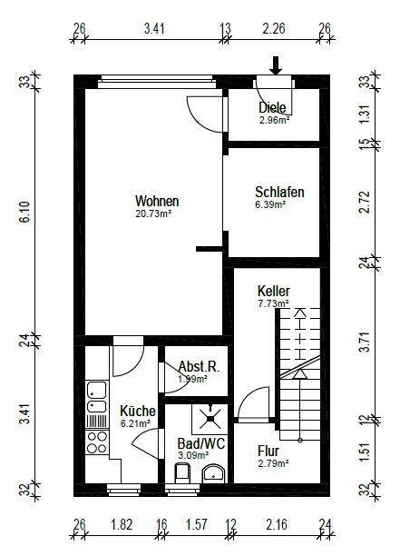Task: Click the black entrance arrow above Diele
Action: (x=276, y=65)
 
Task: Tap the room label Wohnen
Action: (x=157, y=201)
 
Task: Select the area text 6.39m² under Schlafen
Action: (x=270, y=204)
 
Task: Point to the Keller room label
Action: (x=274, y=291)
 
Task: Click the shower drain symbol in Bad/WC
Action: (x=210, y=419)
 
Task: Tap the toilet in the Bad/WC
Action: (x=182, y=472)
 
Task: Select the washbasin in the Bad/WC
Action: (x=213, y=473)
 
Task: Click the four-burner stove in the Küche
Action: (x=97, y=442)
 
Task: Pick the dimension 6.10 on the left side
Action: (x=25, y=212)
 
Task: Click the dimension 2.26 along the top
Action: (x=274, y=29)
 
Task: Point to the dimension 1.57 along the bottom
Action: (x=197, y=524)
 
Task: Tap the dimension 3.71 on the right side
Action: (x=365, y=342)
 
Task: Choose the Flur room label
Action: (x=268, y=451)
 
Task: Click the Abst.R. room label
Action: (x=199, y=366)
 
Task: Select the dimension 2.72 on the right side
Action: (x=365, y=202)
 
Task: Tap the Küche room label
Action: (x=138, y=412)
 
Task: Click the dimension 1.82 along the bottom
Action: (x=122, y=524)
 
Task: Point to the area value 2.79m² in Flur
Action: (x=273, y=463)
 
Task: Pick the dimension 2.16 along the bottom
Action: (x=277, y=524)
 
